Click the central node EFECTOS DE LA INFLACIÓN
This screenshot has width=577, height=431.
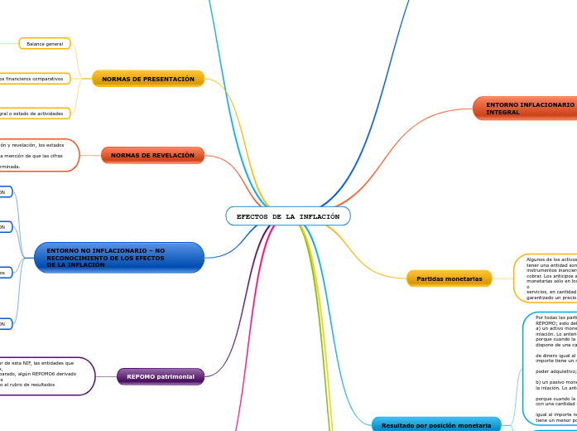click(288, 216)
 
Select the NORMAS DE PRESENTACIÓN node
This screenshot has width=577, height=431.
click(148, 79)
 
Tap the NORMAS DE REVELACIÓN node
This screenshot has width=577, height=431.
click(152, 155)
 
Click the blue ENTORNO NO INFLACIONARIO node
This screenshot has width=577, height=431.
click(119, 257)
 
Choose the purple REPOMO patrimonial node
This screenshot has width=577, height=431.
click(161, 376)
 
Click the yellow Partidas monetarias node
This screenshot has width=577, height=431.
click(449, 278)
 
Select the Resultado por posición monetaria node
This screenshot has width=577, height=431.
click(435, 425)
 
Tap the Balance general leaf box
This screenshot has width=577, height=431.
click(45, 43)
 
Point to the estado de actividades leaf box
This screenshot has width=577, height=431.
click(37, 113)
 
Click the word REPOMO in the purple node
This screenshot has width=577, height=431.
click(141, 376)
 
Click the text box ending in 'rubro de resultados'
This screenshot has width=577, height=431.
click(46, 376)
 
